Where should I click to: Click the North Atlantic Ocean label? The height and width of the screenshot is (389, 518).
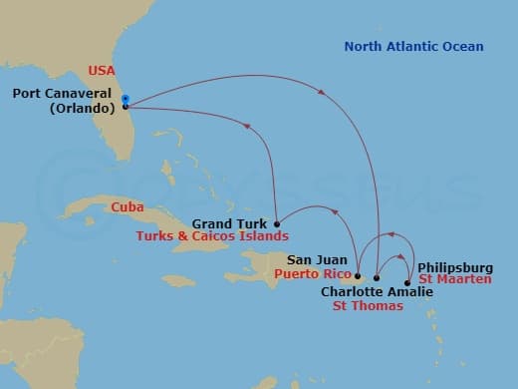[x=413, y=47]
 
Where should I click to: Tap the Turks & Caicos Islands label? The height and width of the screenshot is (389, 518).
[x=212, y=237]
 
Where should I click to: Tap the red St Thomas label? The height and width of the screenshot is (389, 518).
[x=368, y=306]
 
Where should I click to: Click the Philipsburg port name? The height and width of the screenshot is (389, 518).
[x=454, y=266]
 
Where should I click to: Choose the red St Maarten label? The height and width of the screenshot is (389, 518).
[x=454, y=279]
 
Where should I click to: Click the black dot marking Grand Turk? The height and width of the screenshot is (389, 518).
[x=276, y=222]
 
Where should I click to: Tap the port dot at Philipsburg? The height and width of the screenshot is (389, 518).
[x=408, y=282]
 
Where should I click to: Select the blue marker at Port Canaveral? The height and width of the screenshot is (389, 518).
[x=125, y=99]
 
